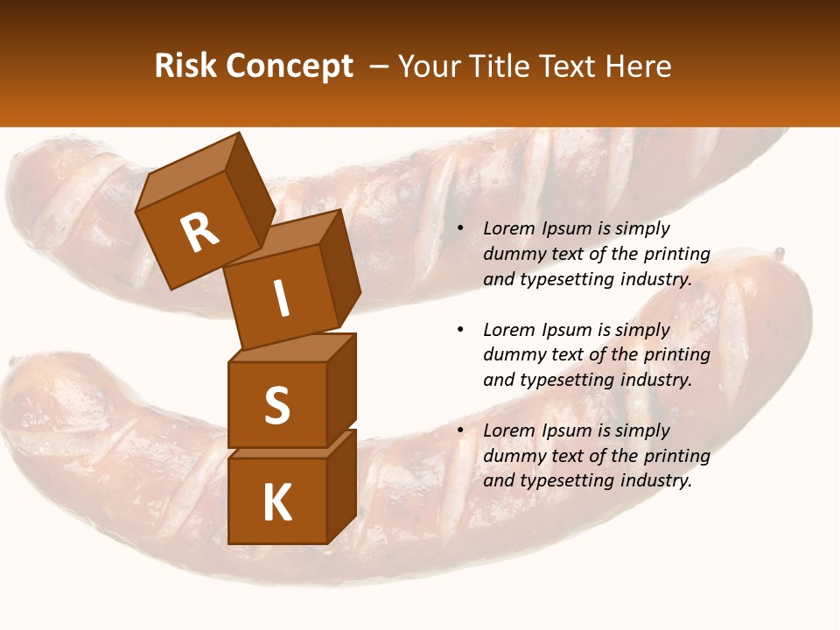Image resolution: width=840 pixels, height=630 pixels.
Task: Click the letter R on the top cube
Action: (199, 232)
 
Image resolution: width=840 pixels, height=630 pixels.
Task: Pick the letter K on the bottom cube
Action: (276, 503)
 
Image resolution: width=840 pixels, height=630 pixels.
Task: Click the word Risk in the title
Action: (183, 66)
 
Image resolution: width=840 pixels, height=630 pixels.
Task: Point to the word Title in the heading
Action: (501, 66)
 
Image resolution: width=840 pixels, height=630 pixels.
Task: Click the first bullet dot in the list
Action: (460, 229)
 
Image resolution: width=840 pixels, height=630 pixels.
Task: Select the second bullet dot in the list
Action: (460, 330)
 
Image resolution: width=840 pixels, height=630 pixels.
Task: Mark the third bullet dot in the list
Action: (460, 430)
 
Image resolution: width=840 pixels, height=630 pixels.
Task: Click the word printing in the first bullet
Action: (676, 255)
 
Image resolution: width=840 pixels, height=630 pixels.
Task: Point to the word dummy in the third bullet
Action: (513, 456)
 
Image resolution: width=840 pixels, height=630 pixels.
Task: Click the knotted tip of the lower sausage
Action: (778, 254)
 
